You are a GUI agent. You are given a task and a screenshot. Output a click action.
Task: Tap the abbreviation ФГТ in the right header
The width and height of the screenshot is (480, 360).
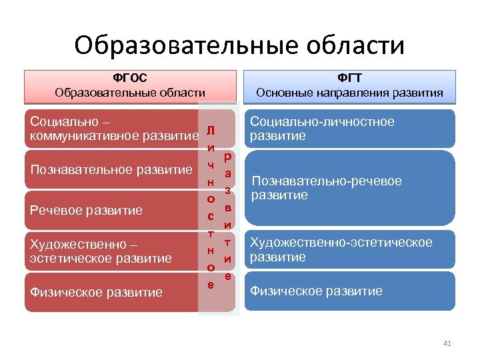click(x=350, y=78)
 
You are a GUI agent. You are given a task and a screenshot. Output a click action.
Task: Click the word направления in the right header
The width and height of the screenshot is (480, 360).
click(x=351, y=93)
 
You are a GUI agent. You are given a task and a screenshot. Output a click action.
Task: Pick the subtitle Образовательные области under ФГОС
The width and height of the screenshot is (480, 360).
click(x=130, y=93)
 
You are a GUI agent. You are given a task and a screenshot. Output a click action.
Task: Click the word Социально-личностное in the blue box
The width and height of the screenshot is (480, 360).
click(x=321, y=122)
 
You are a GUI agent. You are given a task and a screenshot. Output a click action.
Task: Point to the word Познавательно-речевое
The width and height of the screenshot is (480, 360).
click(x=326, y=181)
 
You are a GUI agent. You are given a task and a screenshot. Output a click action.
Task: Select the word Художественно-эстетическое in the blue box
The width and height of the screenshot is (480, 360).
click(x=340, y=243)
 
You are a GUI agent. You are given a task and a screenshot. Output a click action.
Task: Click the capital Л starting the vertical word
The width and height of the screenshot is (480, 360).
click(x=210, y=129)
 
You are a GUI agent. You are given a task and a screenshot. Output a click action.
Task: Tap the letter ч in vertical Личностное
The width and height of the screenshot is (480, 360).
click(x=210, y=164)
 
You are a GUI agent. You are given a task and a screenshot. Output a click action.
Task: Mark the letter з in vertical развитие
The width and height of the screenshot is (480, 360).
click(x=227, y=190)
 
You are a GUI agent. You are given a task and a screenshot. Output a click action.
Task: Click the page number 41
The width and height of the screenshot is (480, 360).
click(x=447, y=343)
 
